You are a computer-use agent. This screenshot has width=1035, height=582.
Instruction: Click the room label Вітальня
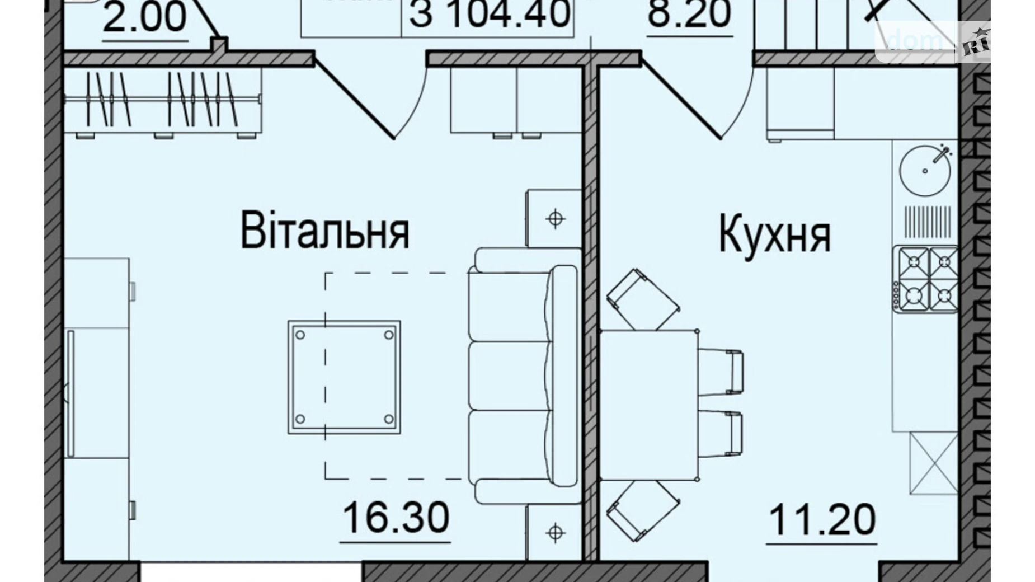325,230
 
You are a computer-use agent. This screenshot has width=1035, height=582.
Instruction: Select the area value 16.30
396,518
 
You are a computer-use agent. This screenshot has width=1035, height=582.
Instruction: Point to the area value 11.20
822,520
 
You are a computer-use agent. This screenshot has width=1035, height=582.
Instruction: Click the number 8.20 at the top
689,14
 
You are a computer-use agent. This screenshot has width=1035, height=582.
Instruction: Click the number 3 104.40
490,14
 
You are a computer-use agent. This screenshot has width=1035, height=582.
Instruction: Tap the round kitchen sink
925,170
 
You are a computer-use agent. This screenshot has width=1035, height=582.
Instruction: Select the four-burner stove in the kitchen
925,279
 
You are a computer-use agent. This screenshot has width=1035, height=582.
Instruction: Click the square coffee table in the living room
344,377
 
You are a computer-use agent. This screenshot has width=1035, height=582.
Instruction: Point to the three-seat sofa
523,376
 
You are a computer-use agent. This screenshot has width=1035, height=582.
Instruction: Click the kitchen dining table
648,405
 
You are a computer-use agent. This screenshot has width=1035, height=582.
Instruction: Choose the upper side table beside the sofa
554,218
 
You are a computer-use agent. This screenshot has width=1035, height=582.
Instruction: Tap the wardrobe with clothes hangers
162,101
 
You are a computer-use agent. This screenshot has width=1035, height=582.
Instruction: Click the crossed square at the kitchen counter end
934,463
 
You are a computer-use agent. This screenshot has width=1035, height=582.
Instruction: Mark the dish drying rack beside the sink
927,220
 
